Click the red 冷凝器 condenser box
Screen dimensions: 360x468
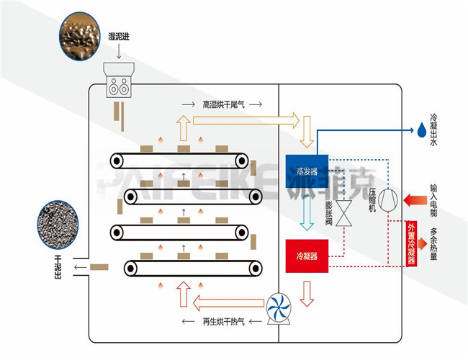pos(307,255)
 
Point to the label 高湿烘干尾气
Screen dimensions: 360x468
pos(224,105)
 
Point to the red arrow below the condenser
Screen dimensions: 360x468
pos(307,292)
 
